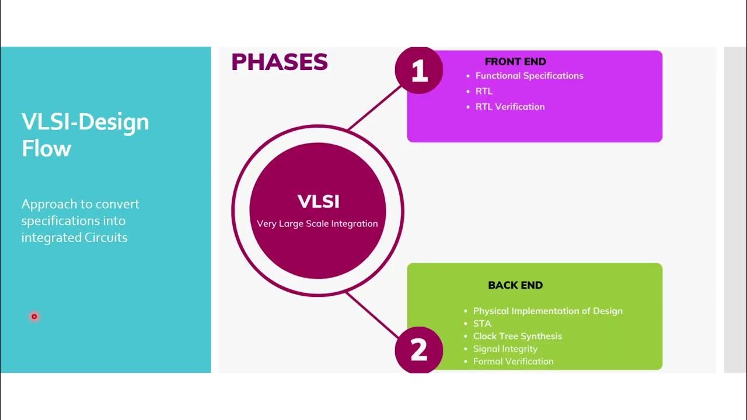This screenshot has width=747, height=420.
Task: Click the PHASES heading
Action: tap(279, 62)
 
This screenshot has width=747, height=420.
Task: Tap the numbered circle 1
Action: tap(419, 71)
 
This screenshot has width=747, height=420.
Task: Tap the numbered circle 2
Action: tap(419, 350)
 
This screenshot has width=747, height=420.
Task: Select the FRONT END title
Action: tap(515, 61)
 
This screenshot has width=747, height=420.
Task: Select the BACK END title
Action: tap(515, 285)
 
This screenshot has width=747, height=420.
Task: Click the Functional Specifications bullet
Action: tap(529, 76)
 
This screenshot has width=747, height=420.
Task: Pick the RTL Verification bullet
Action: tap(509, 107)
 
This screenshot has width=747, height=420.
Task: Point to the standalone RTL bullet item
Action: tap(484, 91)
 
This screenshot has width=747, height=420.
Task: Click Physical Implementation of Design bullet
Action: tap(547, 311)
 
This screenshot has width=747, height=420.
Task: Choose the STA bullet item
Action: tap(482, 324)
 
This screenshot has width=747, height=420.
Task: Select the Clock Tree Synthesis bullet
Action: tap(517, 336)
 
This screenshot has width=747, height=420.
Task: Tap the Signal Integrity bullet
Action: tap(505, 349)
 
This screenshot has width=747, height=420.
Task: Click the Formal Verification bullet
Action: tap(513, 361)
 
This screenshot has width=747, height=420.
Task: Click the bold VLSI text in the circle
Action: tap(318, 201)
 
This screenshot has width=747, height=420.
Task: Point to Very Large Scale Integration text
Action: tap(317, 224)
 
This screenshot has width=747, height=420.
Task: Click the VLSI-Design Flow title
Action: tap(85, 135)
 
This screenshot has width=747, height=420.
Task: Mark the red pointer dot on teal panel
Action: tap(34, 317)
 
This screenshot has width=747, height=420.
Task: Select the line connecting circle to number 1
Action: tap(373, 108)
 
